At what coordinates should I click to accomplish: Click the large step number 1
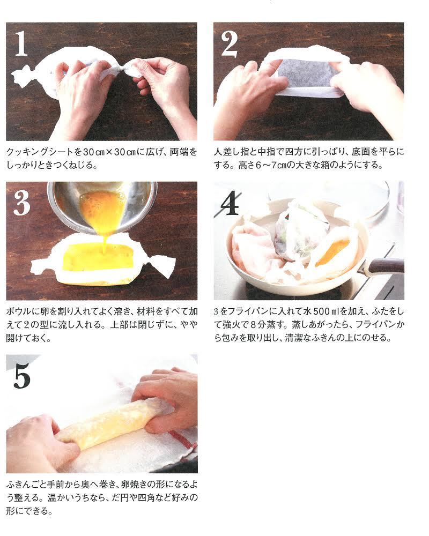tap(21, 43)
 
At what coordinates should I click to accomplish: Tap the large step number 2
tap(229, 44)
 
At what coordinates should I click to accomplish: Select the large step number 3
tap(22, 203)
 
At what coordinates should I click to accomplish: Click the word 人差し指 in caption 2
tap(230, 152)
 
